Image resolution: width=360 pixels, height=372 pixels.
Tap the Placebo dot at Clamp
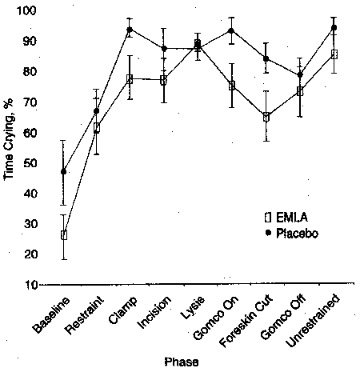click(x=130, y=29)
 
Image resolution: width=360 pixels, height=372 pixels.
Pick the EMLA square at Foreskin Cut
click(x=265, y=116)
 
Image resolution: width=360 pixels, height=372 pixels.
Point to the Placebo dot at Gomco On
click(x=232, y=30)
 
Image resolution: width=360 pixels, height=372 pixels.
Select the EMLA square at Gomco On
click(x=232, y=85)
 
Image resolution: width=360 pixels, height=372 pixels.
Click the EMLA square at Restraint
click(x=97, y=128)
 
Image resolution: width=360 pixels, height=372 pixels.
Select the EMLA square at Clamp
click(x=130, y=78)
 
